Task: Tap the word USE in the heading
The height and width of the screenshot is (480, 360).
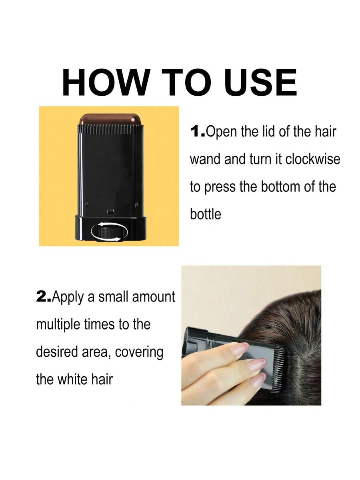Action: pyautogui.click(x=262, y=82)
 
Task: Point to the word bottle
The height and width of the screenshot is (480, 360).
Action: pyautogui.click(x=205, y=214)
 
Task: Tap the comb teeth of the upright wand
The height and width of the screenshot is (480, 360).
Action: pyautogui.click(x=109, y=130)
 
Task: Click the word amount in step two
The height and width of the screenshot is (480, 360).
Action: pyautogui.click(x=154, y=297)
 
